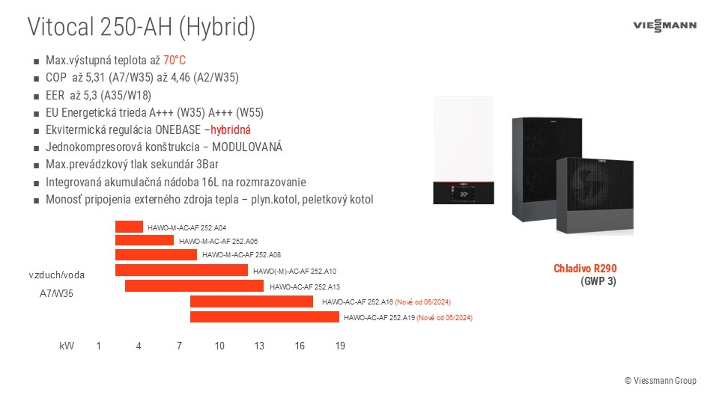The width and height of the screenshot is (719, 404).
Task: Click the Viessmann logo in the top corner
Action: pos(665,25)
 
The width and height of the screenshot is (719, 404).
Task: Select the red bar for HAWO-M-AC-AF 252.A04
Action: pos(129,227)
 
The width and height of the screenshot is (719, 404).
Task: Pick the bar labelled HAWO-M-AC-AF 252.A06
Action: pos(145,240)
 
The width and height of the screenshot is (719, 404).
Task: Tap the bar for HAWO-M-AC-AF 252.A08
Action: pos(156,255)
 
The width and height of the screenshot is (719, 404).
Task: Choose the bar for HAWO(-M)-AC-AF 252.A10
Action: pos(182,270)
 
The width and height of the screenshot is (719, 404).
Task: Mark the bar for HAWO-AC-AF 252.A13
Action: pos(194,286)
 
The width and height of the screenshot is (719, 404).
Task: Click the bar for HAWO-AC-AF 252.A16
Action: pos(252,302)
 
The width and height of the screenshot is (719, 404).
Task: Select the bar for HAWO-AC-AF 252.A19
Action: pos(265,317)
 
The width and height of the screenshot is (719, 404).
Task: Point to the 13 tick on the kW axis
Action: pos(259,346)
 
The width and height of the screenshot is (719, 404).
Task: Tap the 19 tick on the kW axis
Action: pos(340,346)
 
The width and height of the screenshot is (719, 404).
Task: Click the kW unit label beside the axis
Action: pos(67,346)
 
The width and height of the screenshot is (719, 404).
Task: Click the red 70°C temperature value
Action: pos(175,60)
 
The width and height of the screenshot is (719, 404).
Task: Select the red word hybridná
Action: pos(230,130)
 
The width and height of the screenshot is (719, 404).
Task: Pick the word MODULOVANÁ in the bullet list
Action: pos(247,147)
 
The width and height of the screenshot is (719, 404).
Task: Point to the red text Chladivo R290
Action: pos(585,268)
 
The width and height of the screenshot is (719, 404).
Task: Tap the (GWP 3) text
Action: pos(598,281)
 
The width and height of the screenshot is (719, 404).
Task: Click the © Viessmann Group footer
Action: pos(661,380)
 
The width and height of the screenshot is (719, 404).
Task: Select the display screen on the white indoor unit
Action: pos(464,194)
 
